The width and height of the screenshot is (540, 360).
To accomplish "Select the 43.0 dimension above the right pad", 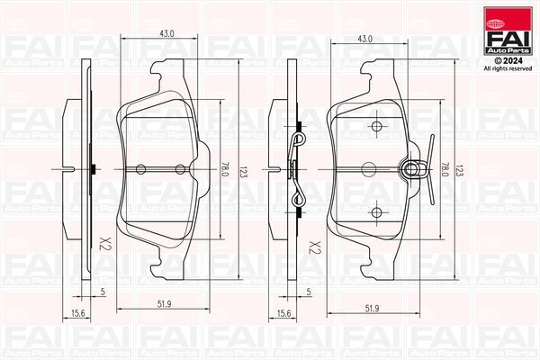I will [x=364, y=40].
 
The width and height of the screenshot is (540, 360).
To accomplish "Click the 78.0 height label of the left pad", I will [x=223, y=168].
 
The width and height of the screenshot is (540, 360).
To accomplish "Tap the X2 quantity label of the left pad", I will [x=103, y=244].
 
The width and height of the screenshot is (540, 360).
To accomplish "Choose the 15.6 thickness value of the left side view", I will [x=78, y=312].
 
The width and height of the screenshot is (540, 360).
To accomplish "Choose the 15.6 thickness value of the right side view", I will [x=284, y=312].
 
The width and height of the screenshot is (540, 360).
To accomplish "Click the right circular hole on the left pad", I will [x=180, y=169].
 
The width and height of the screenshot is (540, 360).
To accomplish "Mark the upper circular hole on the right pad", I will [x=377, y=125].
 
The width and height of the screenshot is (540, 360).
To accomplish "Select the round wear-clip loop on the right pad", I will [x=415, y=167].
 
